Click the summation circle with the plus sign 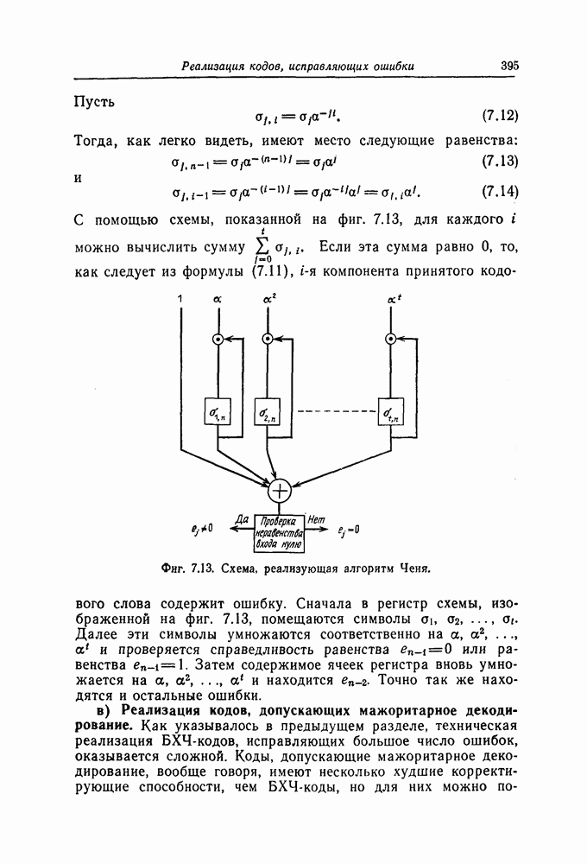tap(280, 491)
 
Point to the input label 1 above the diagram tap(181, 298)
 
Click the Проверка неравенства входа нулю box tap(279, 532)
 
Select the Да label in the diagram tap(242, 519)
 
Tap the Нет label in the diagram tap(315, 519)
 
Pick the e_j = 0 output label tap(349, 530)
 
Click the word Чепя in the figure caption tap(412, 569)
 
